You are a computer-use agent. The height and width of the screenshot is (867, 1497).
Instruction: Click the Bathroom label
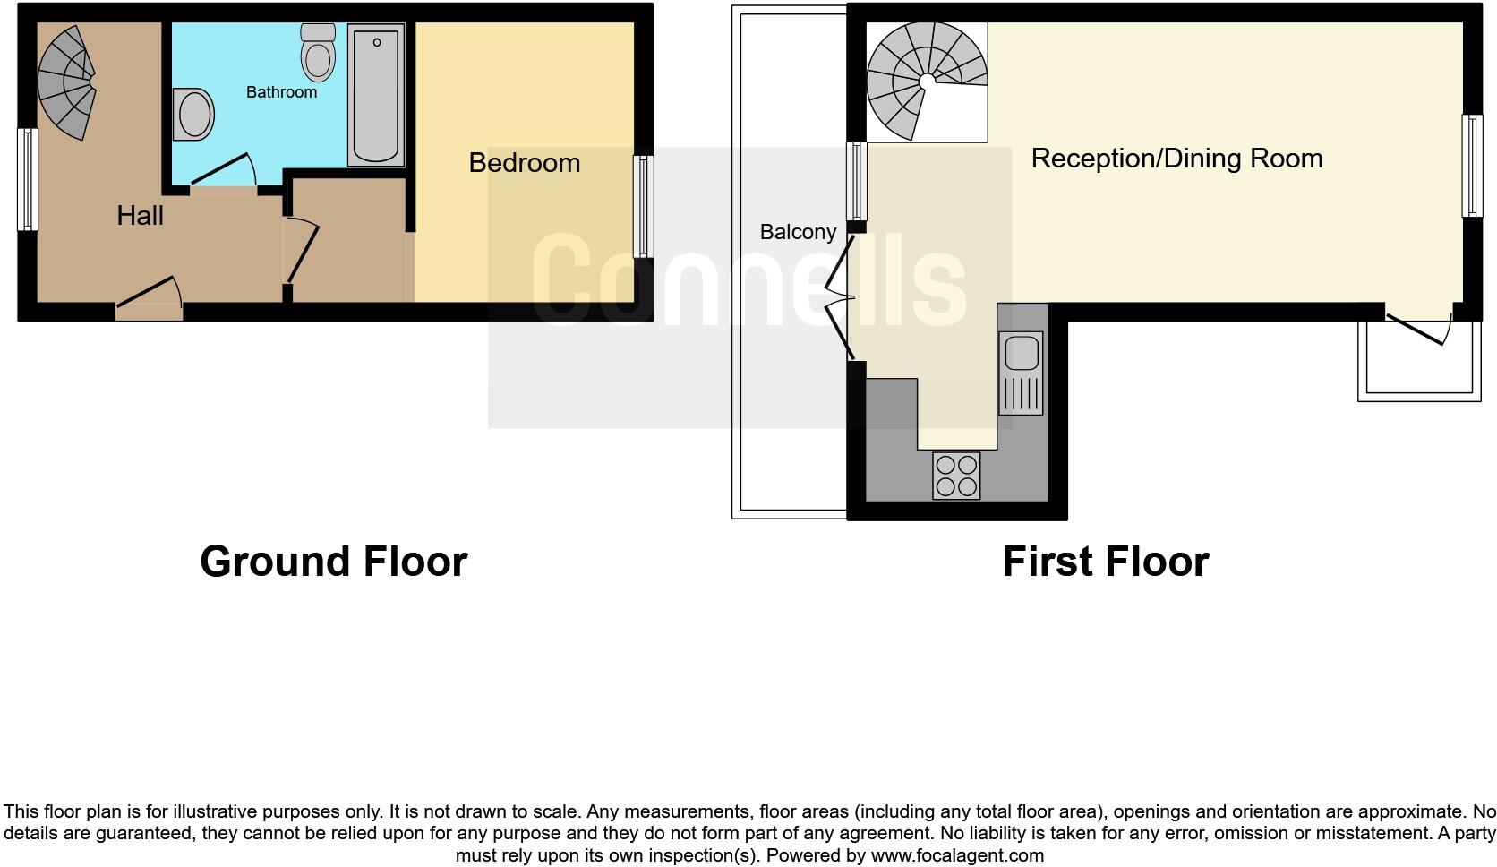click(x=281, y=92)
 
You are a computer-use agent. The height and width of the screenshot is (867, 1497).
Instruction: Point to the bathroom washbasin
click(x=194, y=115)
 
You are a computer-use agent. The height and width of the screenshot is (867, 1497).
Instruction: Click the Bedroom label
click(x=524, y=163)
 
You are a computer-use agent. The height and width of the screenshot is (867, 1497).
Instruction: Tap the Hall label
click(x=140, y=216)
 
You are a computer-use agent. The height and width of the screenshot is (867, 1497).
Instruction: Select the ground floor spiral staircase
click(x=68, y=81)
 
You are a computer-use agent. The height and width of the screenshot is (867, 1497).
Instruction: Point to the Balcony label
click(x=798, y=232)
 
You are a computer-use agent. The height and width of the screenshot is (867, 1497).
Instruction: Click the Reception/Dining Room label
click(x=1176, y=159)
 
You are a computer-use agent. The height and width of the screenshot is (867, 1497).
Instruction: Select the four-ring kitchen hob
click(x=956, y=476)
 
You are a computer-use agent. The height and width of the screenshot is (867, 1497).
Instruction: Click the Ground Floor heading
click(x=333, y=562)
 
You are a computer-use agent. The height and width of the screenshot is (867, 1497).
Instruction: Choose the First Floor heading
click(x=1105, y=562)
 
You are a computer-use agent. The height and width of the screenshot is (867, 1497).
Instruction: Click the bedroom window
click(x=643, y=207)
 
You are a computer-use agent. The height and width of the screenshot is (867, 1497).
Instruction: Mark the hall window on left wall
click(x=29, y=179)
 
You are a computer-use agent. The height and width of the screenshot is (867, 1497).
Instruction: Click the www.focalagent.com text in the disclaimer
click(x=957, y=855)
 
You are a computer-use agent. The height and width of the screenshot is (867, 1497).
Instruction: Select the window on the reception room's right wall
click(x=1471, y=166)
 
